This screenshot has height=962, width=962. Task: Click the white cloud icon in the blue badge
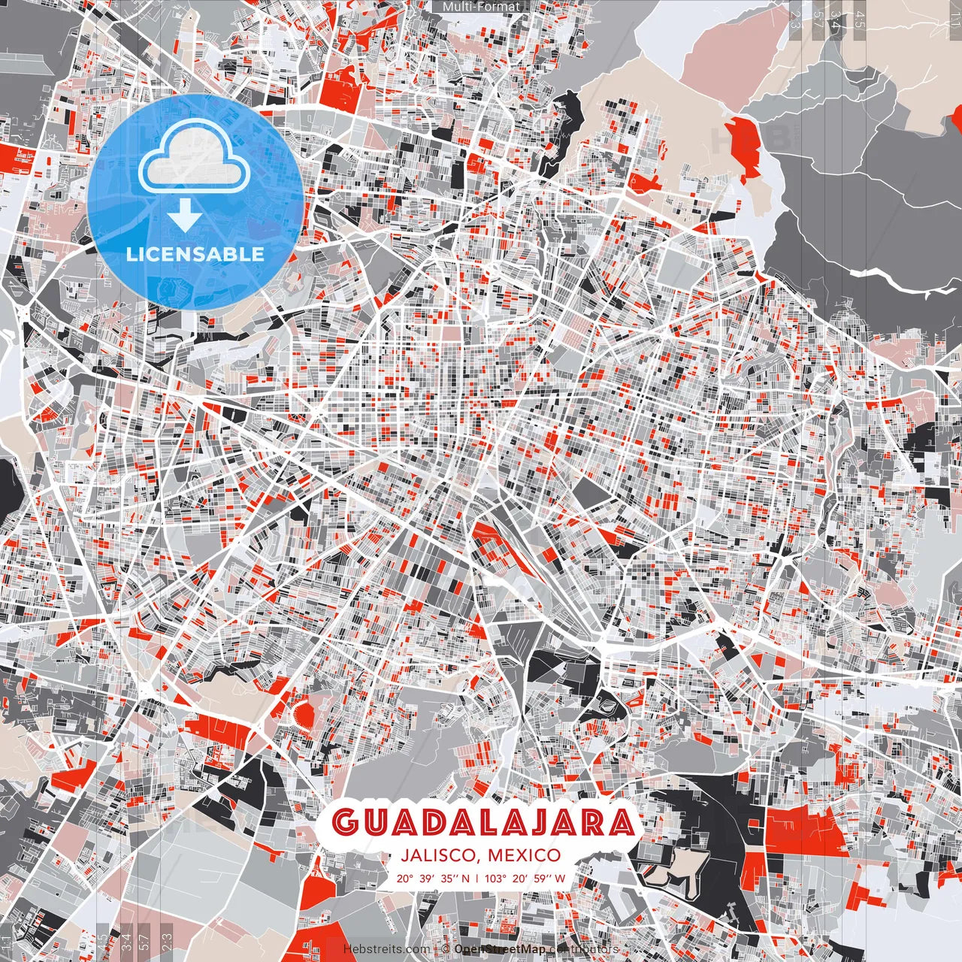coord(195,158)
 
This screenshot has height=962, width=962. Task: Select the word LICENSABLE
coord(195,254)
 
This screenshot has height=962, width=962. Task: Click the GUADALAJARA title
coord(482,823)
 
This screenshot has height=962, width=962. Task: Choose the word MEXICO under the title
coord(523,855)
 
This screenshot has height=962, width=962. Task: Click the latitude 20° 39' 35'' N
coord(434,878)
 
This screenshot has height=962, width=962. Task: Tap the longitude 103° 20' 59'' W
coord(525,878)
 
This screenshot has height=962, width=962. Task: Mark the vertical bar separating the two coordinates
coord(478,878)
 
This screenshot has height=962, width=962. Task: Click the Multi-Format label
coord(481,7)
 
